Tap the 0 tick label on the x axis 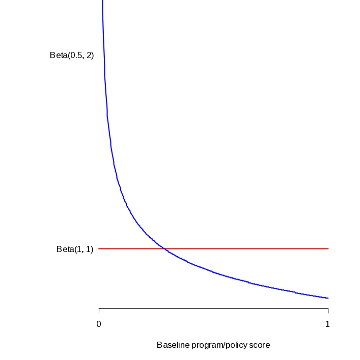click(x=99, y=324)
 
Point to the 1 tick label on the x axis click(x=328, y=324)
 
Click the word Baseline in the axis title click(x=172, y=345)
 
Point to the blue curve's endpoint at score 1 click(x=328, y=298)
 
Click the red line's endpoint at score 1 click(x=328, y=248)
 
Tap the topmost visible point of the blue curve click(x=103, y=2)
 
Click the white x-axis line click(x=214, y=308)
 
